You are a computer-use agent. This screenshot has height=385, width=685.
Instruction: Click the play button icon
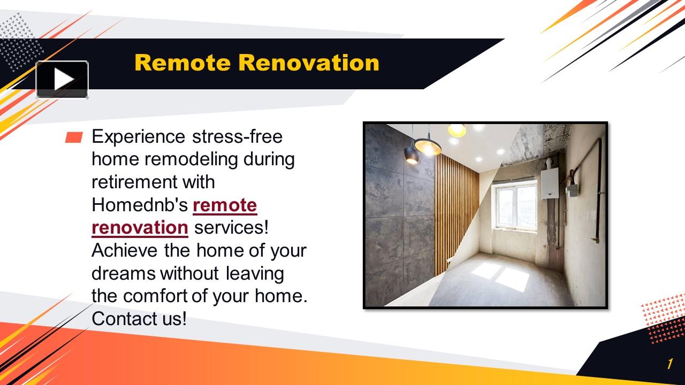click(x=62, y=80)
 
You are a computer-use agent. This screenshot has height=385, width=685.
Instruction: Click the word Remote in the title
click(x=183, y=63)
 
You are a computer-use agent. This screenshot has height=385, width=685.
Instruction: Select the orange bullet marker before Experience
click(x=73, y=138)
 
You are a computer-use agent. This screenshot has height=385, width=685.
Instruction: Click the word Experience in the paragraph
click(x=138, y=137)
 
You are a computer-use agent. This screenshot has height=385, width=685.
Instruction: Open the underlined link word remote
click(x=225, y=205)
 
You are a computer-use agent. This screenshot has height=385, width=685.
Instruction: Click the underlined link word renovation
click(x=140, y=228)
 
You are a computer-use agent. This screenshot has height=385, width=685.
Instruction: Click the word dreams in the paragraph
click(x=124, y=273)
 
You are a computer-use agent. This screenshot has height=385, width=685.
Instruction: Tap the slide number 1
click(x=669, y=365)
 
